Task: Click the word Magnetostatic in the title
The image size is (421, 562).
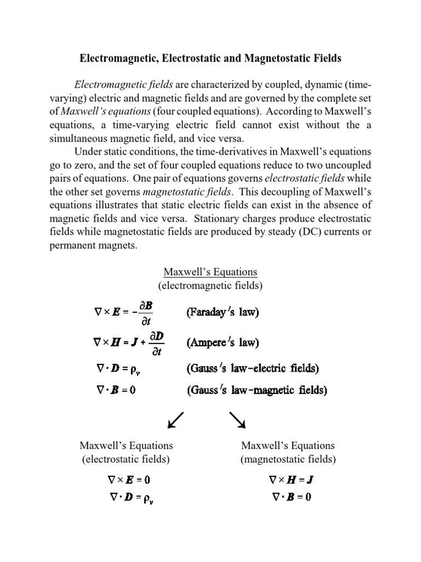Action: tap(285, 57)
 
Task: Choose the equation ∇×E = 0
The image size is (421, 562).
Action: tap(129, 479)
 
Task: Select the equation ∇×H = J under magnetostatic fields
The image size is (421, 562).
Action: tap(291, 479)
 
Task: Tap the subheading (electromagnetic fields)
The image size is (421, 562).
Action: tap(210, 285)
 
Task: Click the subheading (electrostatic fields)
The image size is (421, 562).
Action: tap(126, 459)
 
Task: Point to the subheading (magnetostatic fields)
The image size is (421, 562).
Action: tap(288, 459)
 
